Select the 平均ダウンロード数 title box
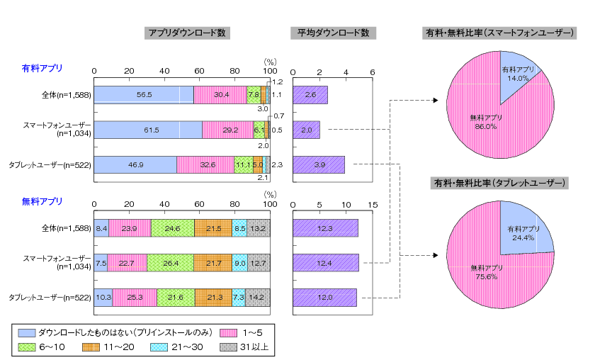[333, 33]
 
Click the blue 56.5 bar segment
[144, 94]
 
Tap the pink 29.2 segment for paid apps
[228, 130]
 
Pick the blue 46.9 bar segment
[135, 164]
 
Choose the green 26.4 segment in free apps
[170, 262]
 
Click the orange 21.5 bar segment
[213, 228]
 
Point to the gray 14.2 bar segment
[257, 297]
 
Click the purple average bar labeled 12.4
[325, 262]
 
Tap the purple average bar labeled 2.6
[310, 94]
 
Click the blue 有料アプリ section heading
[42, 68]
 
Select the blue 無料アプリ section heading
[42, 201]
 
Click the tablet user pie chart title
[500, 183]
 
